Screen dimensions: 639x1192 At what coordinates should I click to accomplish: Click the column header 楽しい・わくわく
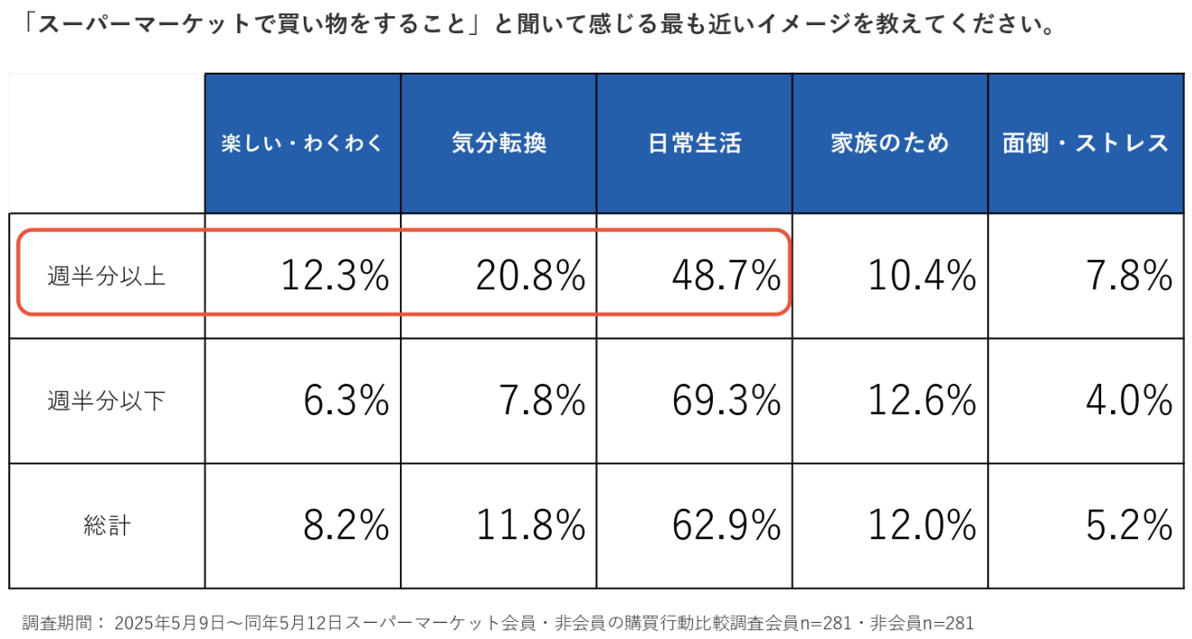[302, 144]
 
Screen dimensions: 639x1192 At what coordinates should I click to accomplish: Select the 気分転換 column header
[499, 144]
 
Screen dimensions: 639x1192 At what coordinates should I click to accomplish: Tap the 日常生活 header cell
[695, 144]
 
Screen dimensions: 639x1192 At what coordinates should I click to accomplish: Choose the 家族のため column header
[890, 144]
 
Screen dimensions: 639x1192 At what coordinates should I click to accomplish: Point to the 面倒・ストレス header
[1085, 144]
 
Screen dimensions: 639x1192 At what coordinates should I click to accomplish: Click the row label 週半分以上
[106, 276]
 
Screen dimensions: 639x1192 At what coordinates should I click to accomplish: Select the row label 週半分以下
[106, 401]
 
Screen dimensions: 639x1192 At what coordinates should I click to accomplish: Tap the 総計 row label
[106, 526]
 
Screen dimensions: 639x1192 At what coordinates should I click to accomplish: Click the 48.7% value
[726, 276]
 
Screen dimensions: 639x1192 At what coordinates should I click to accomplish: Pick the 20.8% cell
[530, 276]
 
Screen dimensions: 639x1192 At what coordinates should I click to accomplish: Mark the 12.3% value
[334, 276]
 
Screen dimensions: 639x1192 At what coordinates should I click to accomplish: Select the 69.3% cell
[726, 401]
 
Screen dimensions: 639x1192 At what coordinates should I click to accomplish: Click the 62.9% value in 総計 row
[726, 526]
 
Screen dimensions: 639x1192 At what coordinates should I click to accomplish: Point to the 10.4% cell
[922, 276]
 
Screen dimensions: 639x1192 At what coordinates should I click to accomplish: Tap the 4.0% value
[1129, 401]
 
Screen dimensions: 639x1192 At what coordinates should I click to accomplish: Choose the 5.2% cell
[1129, 526]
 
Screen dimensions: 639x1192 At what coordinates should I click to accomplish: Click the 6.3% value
[346, 401]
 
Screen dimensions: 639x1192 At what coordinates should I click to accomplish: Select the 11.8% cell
[530, 526]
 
